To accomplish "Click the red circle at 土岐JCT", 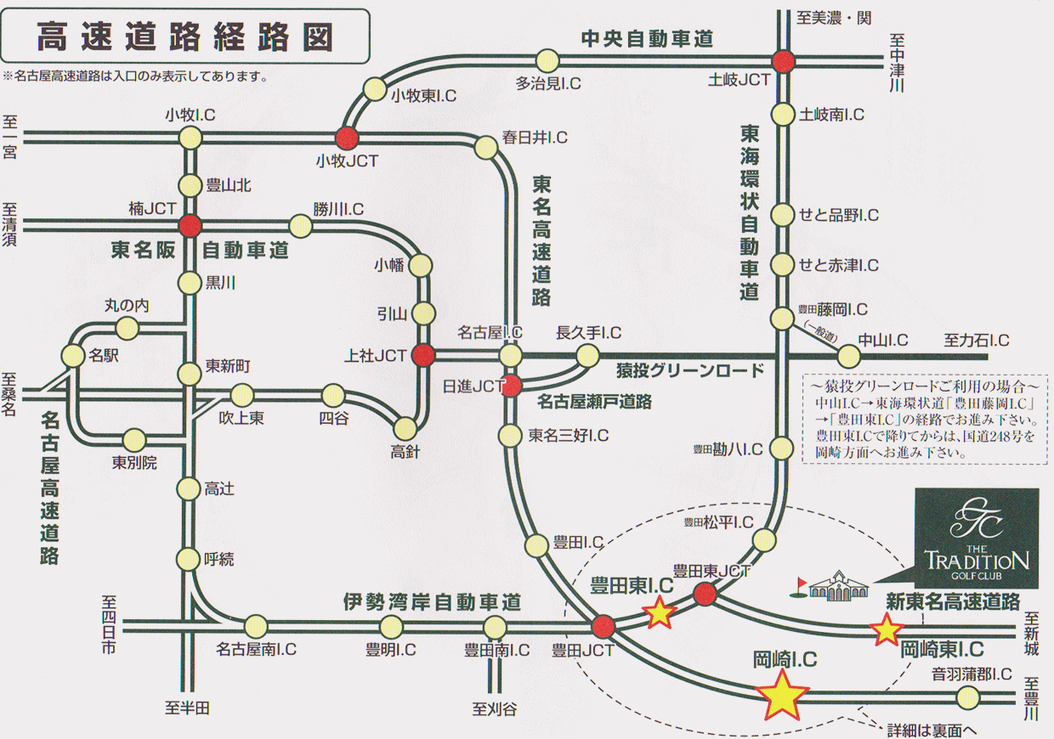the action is [x=784, y=61].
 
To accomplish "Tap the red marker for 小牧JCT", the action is [x=348, y=138].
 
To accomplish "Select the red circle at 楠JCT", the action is [x=190, y=226].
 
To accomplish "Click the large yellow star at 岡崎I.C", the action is [x=781, y=695].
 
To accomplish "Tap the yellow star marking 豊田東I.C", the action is [x=660, y=612].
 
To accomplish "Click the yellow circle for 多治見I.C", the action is [x=547, y=60].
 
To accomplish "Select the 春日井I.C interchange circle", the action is [x=485, y=148].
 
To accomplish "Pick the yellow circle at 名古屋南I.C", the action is [x=256, y=626].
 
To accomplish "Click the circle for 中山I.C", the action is [x=848, y=357].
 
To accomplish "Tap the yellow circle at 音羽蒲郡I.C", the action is [x=968, y=697].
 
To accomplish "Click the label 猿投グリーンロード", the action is [x=690, y=371].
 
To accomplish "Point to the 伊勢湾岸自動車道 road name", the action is [x=432, y=601].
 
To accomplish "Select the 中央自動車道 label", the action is [x=647, y=39].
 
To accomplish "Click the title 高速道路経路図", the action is [x=185, y=37].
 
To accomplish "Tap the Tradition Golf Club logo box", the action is [x=977, y=539].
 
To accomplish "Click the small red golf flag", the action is [x=799, y=588].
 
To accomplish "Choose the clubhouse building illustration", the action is [x=838, y=586].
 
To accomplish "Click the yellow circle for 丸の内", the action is [x=127, y=328].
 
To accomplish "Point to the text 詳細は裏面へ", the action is [x=932, y=731].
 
